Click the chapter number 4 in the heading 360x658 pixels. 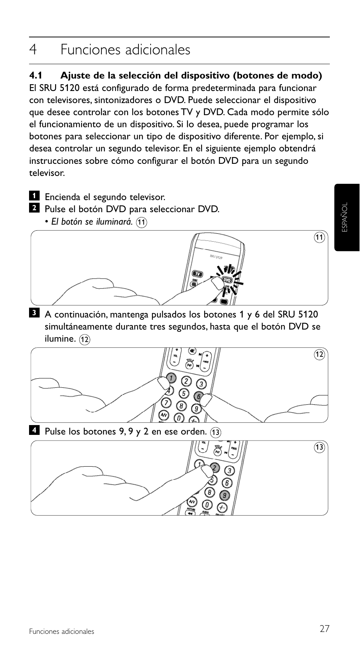[33, 50]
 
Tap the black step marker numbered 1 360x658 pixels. [34, 196]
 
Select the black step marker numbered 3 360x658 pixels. [34, 313]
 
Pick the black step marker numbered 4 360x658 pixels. [34, 430]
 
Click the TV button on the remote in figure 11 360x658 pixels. [197, 274]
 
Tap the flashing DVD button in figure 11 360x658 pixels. [227, 280]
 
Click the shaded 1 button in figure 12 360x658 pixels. [171, 378]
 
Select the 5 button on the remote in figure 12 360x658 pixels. [184, 393]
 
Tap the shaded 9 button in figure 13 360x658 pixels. [224, 495]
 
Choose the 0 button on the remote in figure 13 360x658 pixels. [207, 505]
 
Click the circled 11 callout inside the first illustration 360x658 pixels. [319, 237]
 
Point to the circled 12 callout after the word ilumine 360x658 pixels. [85, 339]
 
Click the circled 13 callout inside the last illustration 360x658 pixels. [319, 448]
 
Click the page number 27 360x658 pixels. [324, 629]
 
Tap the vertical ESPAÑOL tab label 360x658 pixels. [345, 217]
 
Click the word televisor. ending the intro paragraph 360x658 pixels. [47, 173]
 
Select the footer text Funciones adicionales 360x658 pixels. [62, 632]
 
